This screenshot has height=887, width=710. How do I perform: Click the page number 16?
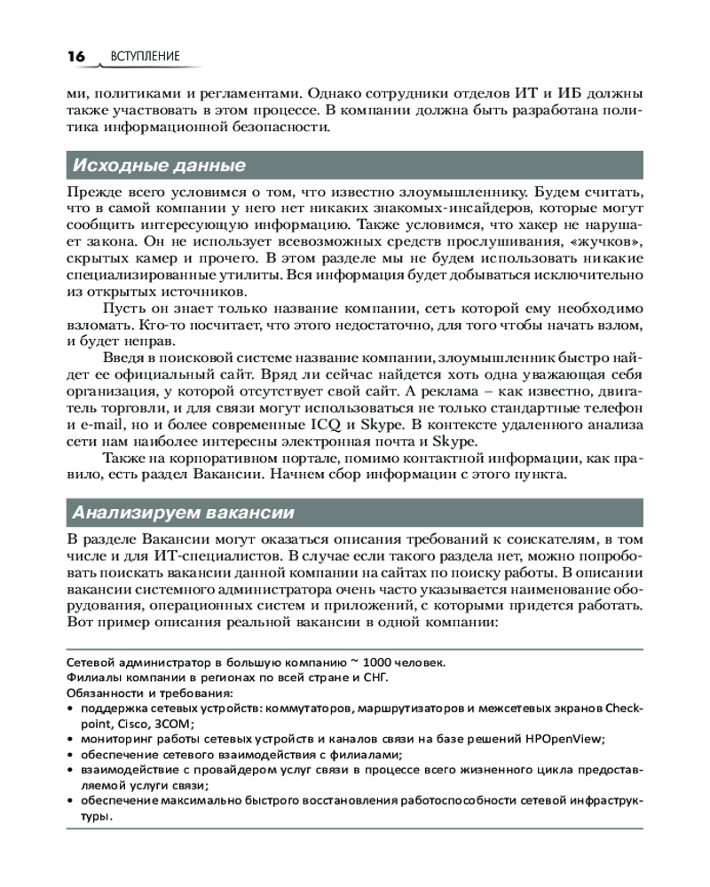click(x=75, y=56)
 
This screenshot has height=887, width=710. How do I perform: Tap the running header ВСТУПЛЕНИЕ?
click(x=146, y=57)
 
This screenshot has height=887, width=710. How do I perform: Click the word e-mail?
click(x=88, y=425)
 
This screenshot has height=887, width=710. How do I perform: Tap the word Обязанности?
click(x=105, y=693)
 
